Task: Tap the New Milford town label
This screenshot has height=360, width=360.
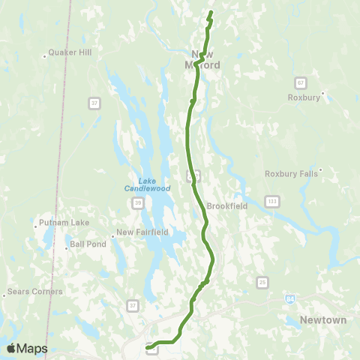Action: [206, 59]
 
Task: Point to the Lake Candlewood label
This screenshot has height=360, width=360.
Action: [147, 184]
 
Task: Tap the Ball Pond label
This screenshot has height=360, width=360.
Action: [85, 244]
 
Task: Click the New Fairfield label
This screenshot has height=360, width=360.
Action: [143, 232]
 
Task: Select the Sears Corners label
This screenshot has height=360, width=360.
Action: [34, 291]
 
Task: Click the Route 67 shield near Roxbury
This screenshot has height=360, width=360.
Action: [300, 82]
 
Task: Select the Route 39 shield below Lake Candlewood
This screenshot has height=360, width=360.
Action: [138, 202]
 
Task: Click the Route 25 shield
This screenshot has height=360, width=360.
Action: [262, 281]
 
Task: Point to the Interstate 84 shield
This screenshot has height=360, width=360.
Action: [289, 298]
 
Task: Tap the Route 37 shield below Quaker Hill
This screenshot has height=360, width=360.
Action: [94, 102]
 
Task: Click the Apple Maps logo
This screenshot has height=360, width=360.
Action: [27, 348]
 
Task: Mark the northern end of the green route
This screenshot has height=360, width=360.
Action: [211, 12]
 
